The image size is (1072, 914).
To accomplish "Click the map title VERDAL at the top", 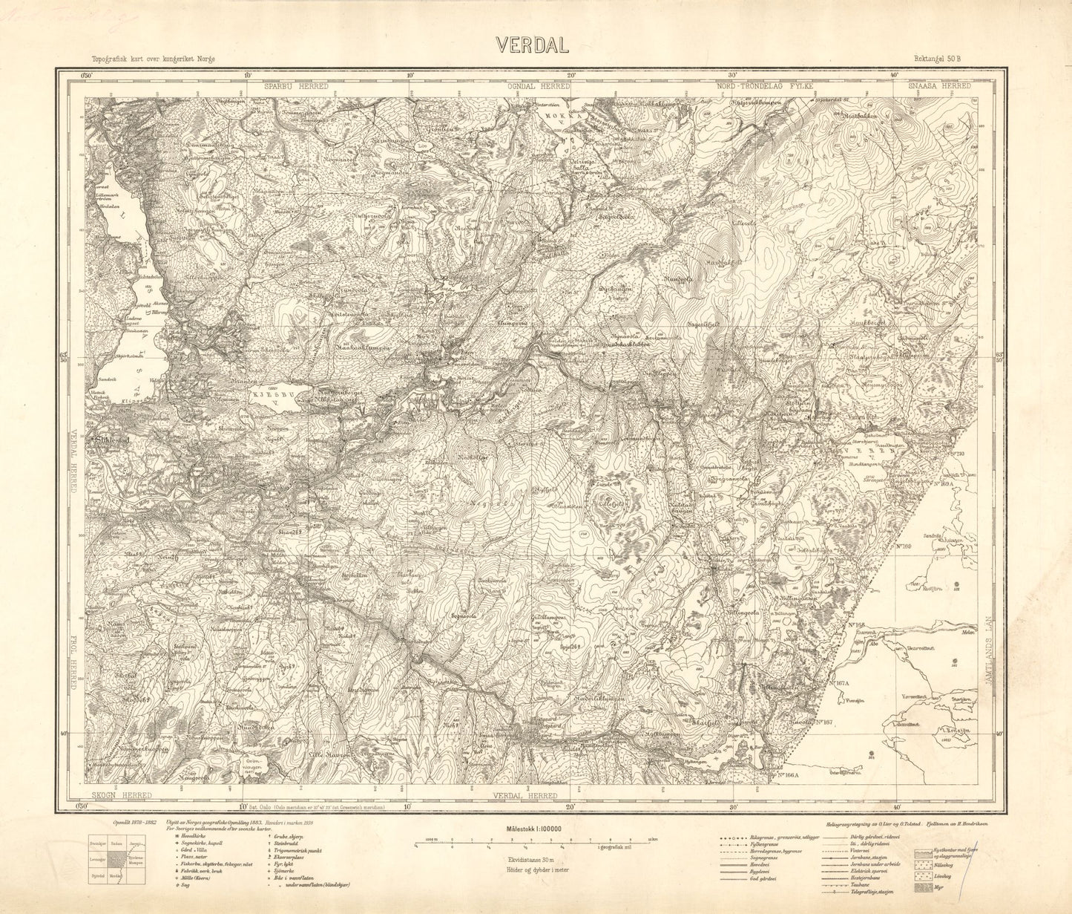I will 533,45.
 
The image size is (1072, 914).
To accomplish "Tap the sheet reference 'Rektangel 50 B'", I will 937,59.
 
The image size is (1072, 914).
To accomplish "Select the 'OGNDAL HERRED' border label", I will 539,87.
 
